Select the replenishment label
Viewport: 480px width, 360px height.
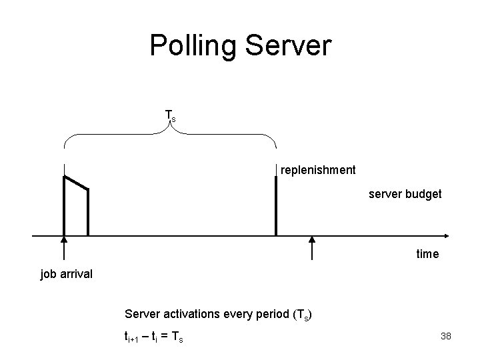[318, 170]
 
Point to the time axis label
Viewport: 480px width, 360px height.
[427, 253]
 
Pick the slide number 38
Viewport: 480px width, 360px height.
[446, 336]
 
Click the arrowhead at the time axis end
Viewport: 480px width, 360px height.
[445, 236]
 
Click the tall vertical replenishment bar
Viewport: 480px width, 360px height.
[275, 203]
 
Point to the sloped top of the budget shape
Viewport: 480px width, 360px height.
[76, 183]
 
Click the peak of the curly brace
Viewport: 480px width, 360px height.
[169, 127]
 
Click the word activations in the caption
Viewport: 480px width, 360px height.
[190, 313]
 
